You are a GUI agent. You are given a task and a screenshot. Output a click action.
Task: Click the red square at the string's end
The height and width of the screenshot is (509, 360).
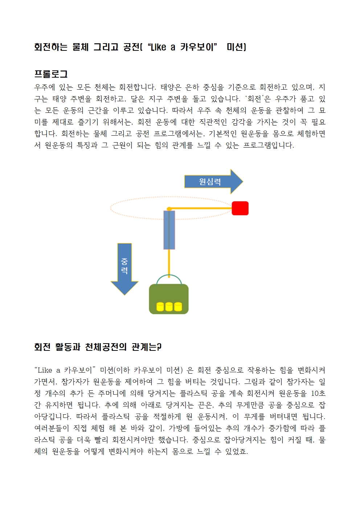240,208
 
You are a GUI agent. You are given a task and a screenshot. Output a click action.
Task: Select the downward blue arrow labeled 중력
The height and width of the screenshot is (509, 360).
124,268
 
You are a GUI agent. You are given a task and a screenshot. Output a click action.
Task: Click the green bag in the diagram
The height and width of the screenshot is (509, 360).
169,294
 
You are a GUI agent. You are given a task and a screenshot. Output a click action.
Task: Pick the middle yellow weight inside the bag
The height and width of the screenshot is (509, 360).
169,307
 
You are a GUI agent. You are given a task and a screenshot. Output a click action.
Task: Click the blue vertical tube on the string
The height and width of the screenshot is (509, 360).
169,230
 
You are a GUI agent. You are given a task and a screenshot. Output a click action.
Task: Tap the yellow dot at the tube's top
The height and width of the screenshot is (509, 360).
169,209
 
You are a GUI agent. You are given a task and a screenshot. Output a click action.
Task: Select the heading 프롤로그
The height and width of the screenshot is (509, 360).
51,74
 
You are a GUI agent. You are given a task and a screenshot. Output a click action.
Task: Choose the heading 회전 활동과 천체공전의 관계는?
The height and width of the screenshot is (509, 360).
98,347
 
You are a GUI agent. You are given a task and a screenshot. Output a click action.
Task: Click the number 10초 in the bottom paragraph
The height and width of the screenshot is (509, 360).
318,393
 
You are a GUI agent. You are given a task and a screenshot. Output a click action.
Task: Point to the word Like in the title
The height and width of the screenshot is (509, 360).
158,47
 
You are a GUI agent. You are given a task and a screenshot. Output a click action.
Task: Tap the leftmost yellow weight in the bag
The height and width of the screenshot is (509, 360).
160,307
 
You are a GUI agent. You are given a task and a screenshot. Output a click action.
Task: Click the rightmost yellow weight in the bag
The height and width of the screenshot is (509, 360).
178,307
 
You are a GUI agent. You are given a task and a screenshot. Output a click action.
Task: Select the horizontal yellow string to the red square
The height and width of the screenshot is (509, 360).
201,208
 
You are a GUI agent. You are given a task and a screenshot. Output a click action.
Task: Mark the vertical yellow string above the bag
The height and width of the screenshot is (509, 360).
169,262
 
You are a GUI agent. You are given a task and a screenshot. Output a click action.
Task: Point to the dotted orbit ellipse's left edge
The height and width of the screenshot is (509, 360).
111,209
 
